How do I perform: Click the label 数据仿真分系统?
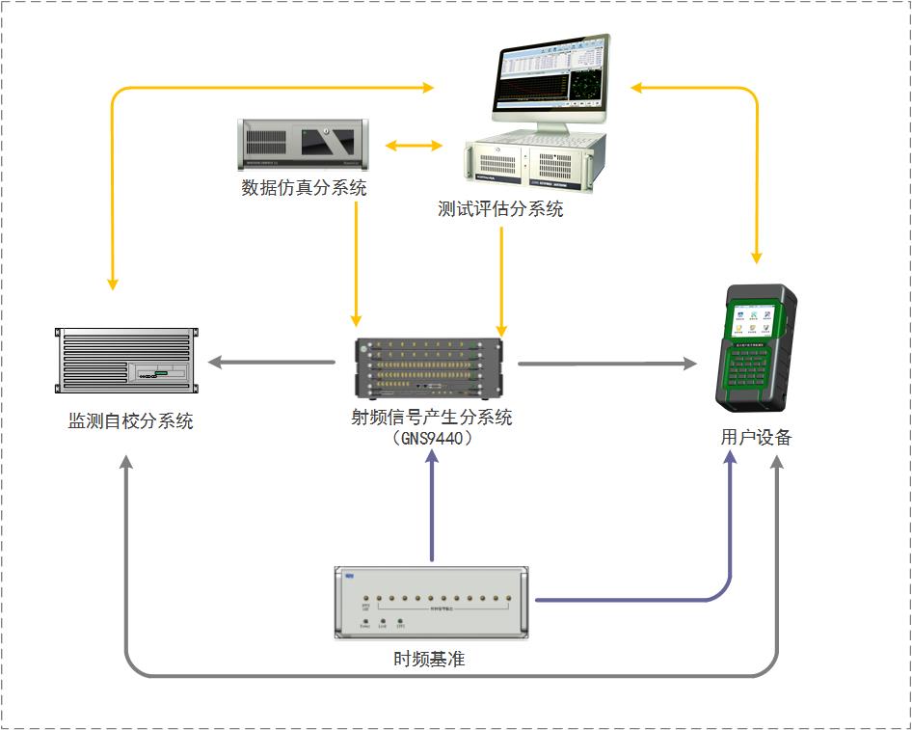[304, 188]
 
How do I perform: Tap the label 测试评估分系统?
[500, 208]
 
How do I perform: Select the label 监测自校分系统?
[130, 421]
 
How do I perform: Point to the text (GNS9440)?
[432, 437]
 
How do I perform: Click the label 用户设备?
[756, 437]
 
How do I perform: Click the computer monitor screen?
[551, 79]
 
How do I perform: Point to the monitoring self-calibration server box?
[125, 361]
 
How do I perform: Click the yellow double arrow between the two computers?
[414, 147]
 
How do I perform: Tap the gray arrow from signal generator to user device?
[606, 364]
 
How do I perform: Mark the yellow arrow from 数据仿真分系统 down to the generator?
[357, 260]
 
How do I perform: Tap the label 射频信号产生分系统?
[432, 418]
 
